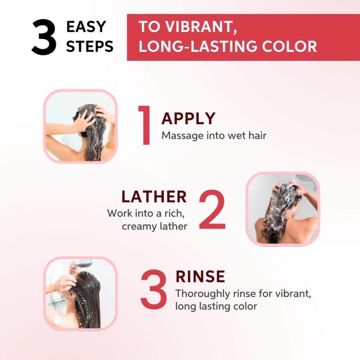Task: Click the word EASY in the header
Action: click(x=86, y=27)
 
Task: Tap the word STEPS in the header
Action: click(x=89, y=46)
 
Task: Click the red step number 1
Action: click(x=145, y=125)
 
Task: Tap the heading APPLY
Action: click(x=188, y=118)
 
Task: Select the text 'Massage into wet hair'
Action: click(x=214, y=136)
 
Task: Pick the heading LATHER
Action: click(x=154, y=197)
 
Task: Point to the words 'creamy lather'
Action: click(x=154, y=226)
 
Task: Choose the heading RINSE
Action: click(x=200, y=277)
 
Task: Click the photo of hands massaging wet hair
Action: click(x=80, y=126)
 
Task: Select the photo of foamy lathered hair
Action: click(x=283, y=209)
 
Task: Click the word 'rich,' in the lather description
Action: click(x=174, y=213)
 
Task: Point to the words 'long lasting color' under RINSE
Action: click(x=216, y=306)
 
